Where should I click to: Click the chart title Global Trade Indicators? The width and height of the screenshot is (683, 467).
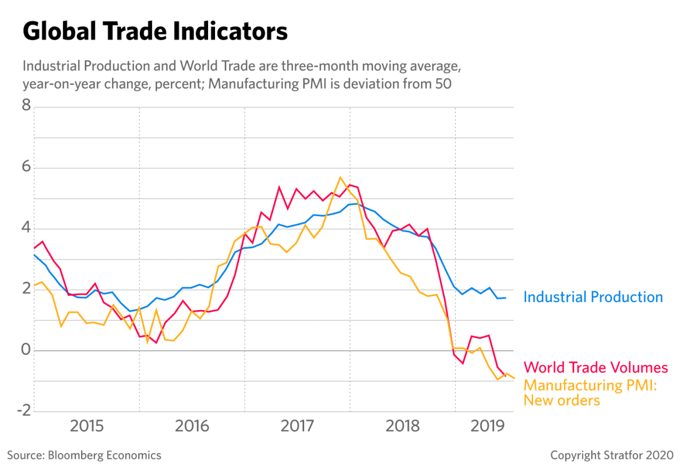[x=155, y=32]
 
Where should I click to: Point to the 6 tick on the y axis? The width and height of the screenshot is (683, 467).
[x=26, y=168]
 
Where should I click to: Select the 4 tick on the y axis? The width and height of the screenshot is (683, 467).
[x=26, y=228]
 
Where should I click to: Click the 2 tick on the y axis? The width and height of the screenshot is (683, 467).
[x=26, y=289]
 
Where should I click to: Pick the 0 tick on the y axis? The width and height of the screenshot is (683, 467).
[x=26, y=350]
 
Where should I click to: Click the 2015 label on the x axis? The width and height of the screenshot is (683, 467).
[x=87, y=426]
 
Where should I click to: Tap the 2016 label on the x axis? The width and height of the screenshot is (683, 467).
[x=192, y=426]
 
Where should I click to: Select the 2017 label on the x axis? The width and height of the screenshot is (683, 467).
[x=298, y=426]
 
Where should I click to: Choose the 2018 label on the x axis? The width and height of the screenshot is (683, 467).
[x=402, y=426]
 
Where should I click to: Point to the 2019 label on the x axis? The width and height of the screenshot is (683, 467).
[x=487, y=426]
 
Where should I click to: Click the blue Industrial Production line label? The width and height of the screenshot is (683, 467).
[x=593, y=297]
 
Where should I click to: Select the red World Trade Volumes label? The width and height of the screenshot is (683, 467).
[x=596, y=367]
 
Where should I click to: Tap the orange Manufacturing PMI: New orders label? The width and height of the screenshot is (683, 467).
[x=590, y=392]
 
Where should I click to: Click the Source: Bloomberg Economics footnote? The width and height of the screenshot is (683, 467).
[x=84, y=455]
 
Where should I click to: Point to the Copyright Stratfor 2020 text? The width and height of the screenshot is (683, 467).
[x=612, y=455]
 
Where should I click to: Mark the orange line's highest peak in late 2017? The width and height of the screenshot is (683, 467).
[x=340, y=177]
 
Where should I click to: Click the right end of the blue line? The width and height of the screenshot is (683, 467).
[x=506, y=298]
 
